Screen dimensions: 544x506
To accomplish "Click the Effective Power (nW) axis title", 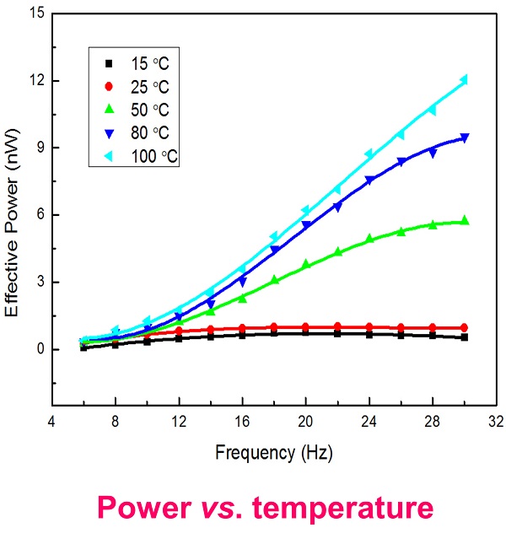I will tap(14, 215).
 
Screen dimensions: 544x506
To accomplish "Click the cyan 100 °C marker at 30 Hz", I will tap(464, 80).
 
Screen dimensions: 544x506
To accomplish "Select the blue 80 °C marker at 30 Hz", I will tap(464, 137).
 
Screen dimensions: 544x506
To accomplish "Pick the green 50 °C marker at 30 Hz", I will tap(464, 220).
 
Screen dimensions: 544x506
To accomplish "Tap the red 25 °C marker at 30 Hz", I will tap(464, 327).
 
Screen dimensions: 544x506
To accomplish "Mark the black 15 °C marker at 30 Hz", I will tap(464, 337).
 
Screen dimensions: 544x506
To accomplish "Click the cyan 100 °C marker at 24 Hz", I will tap(369, 154).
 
